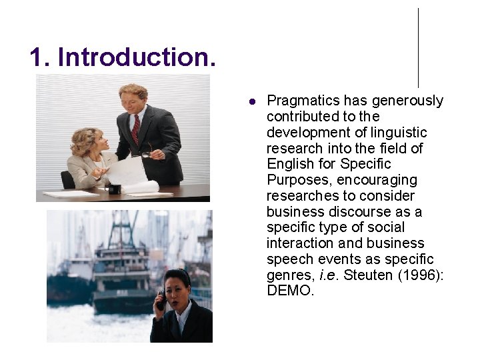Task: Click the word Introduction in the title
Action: tap(137, 57)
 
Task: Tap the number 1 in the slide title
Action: tap(37, 57)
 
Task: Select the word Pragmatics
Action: tap(303, 101)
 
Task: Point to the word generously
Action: tap(407, 101)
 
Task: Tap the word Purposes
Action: tap(298, 180)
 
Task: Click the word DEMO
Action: tap(290, 291)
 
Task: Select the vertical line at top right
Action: tap(418, 47)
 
